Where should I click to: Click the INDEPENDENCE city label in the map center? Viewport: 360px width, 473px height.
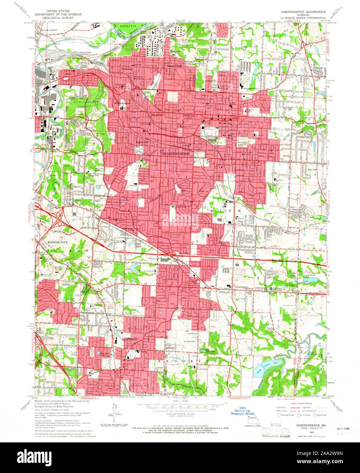(176, 154)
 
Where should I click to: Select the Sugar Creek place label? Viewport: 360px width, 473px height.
(174, 66)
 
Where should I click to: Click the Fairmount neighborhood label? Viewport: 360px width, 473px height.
(127, 68)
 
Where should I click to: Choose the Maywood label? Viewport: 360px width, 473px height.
(157, 115)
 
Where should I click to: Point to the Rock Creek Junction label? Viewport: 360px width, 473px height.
(86, 53)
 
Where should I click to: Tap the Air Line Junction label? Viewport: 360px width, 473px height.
(49, 30)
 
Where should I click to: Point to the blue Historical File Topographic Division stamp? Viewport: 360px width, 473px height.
(242, 411)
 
